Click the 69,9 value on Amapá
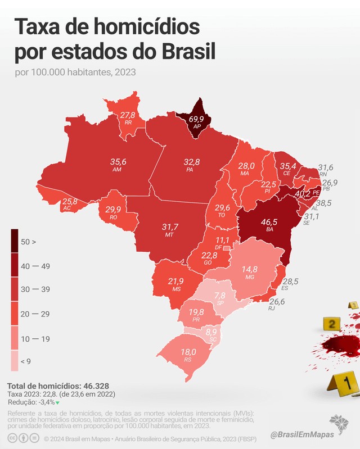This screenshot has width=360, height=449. pyautogui.click(x=196, y=119)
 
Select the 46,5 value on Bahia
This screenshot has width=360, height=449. pyautogui.click(x=269, y=222)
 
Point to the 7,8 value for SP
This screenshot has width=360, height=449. pyautogui.click(x=220, y=295)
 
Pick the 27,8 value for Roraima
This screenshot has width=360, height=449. pyautogui.click(x=128, y=115)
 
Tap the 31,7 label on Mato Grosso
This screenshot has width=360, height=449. pyautogui.click(x=169, y=226)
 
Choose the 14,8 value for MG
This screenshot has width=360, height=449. pyautogui.click(x=249, y=269)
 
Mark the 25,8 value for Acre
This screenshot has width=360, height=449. pyautogui.click(x=70, y=201)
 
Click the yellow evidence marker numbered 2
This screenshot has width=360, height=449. pyautogui.click(x=332, y=324)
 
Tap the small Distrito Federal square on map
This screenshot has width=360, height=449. pyautogui.click(x=226, y=248)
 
